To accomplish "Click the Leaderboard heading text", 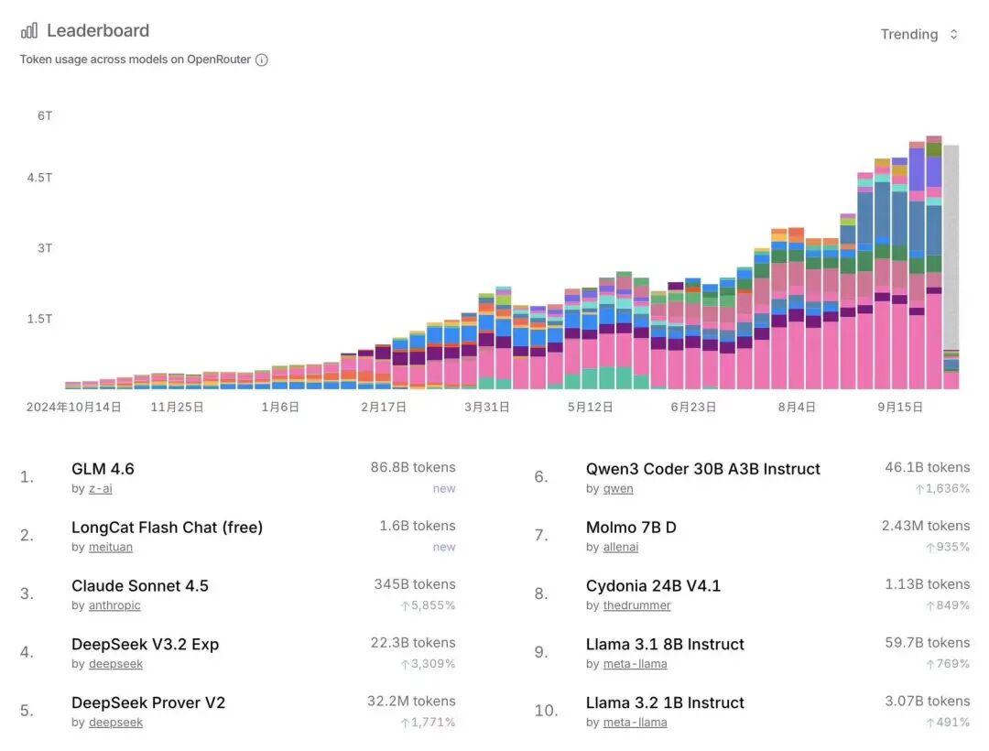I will [x=98, y=30].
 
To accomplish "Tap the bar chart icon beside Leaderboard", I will [x=29, y=30].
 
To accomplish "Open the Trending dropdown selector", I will [x=918, y=34].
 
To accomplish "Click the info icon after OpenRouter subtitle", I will [x=262, y=60].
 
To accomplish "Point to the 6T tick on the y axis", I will [x=45, y=115].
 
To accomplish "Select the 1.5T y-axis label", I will [x=38, y=319].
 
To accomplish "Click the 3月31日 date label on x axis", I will [x=486, y=407].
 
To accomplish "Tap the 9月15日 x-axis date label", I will [x=900, y=407].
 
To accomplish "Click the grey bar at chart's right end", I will [x=951, y=247].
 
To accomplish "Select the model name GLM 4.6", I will [x=103, y=469].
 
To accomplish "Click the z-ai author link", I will [x=100, y=489].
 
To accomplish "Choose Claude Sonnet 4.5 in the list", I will [x=140, y=586].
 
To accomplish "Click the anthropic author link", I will [x=114, y=605].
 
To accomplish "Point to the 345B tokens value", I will [x=414, y=584].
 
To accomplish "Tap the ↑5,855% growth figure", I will [x=428, y=605].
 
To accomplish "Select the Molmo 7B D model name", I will [x=631, y=528].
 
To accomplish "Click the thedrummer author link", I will [x=636, y=605].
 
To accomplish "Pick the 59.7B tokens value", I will [x=927, y=643].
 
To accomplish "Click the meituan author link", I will [x=111, y=547].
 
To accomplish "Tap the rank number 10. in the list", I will [x=546, y=711].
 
